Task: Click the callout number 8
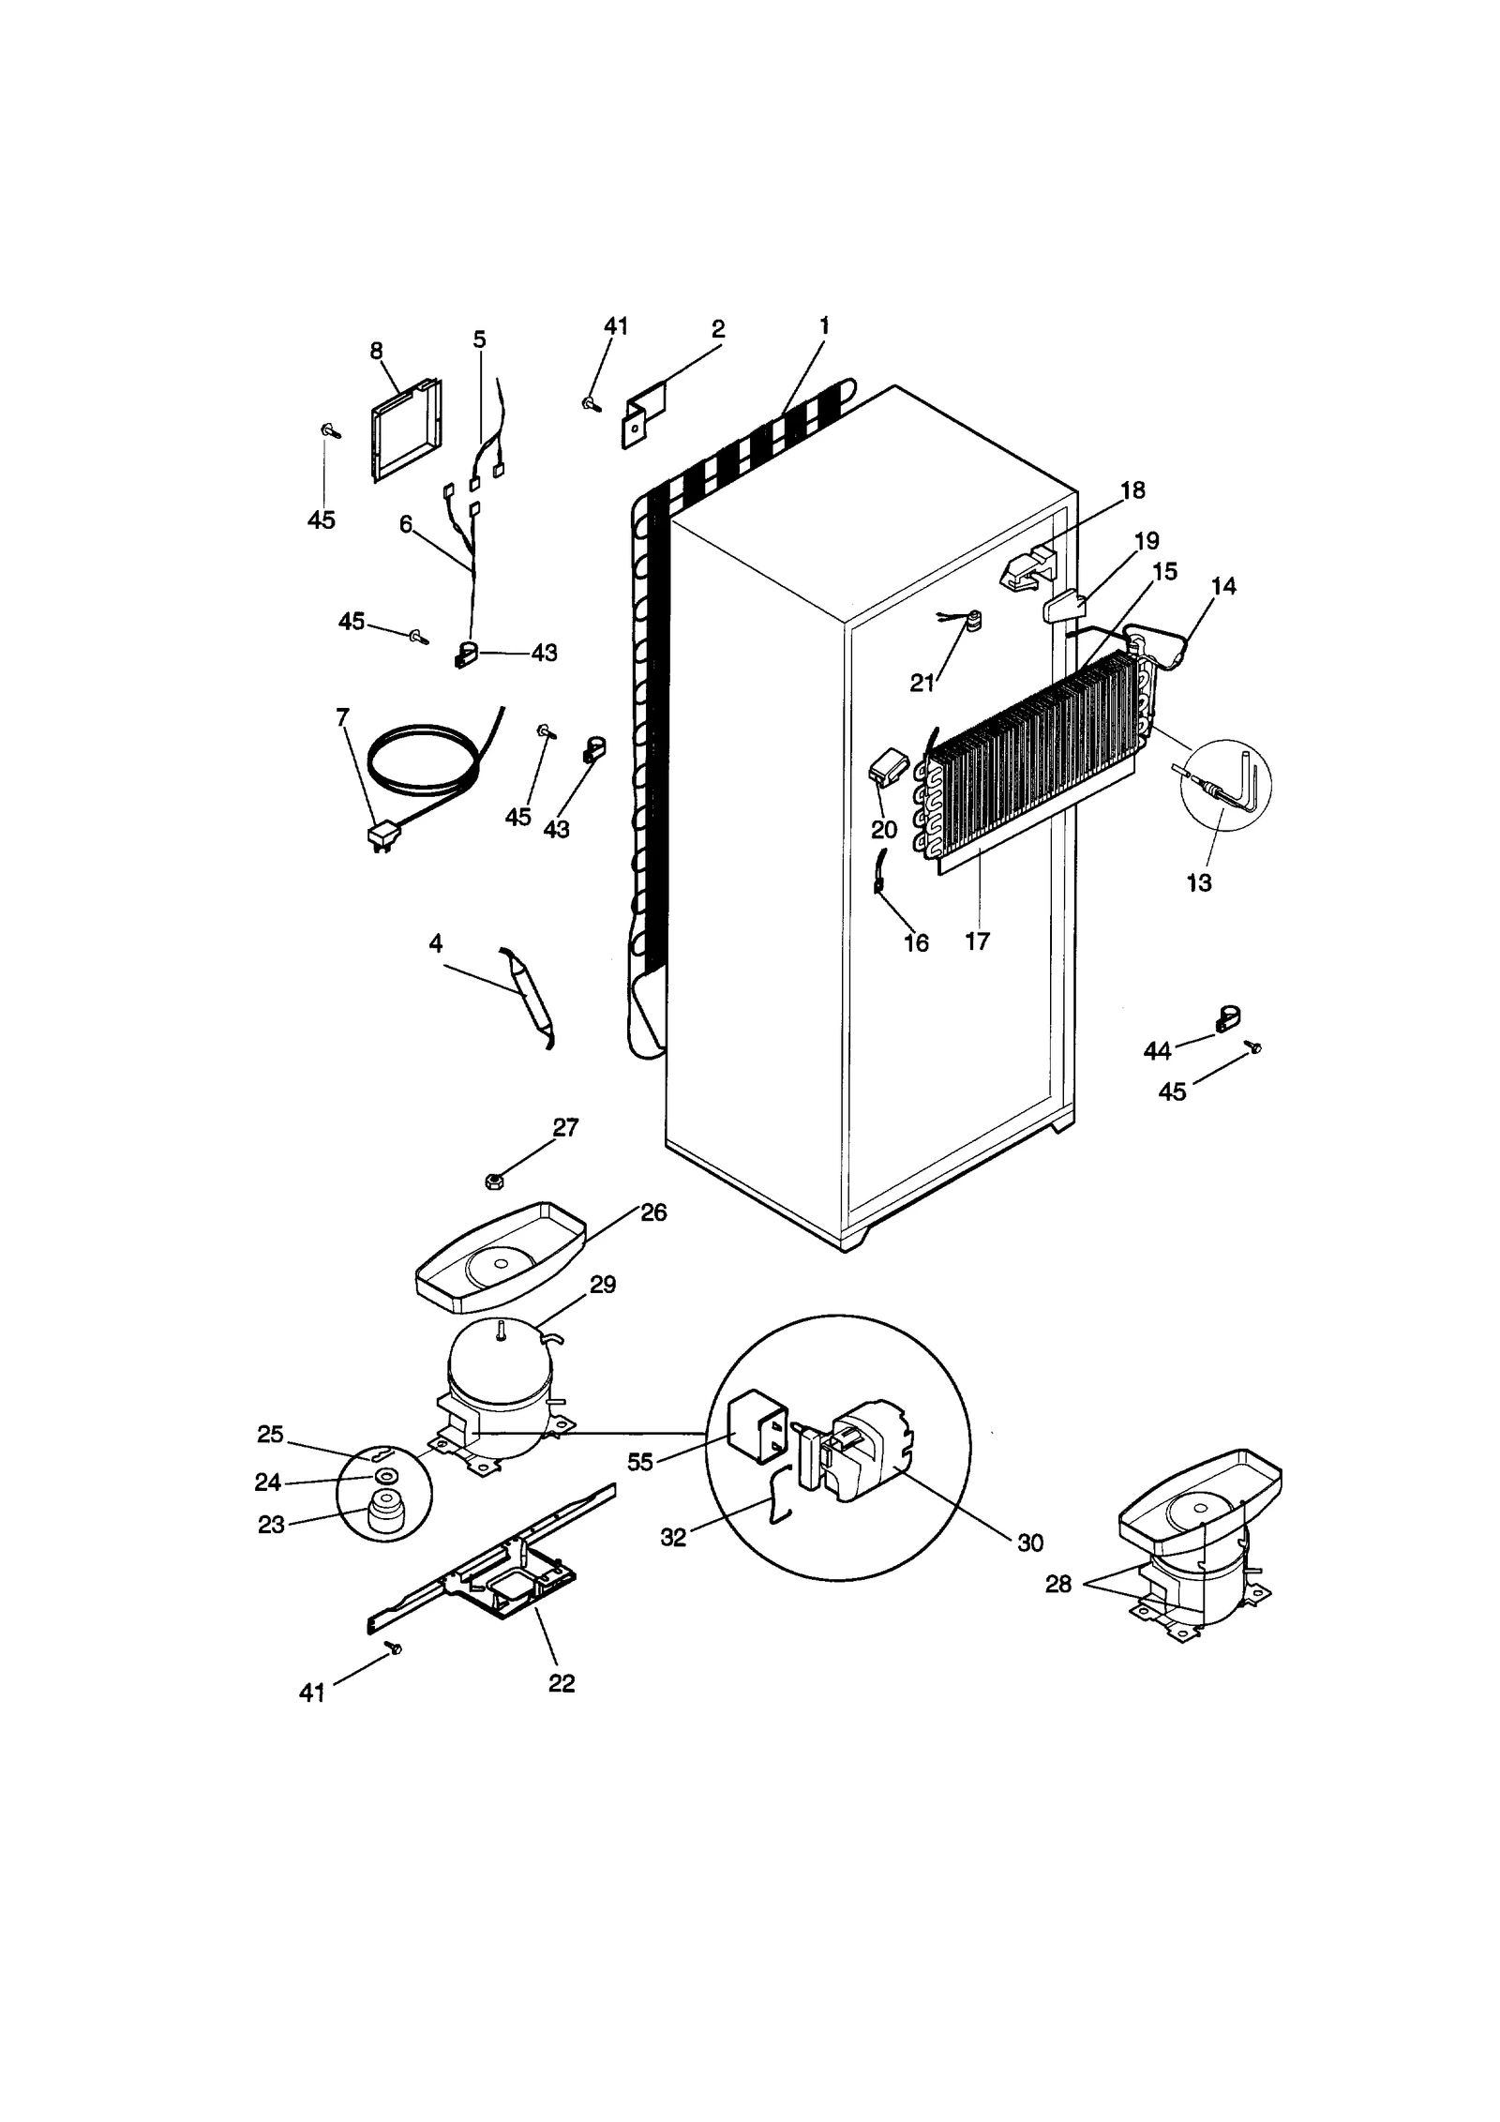pos(376,351)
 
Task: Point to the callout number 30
pos(1029,1543)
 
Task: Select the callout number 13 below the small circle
pos(1199,883)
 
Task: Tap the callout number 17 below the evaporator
pos(977,941)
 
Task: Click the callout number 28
pos(1058,1585)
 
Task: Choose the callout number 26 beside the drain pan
pos(652,1212)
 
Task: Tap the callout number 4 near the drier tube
pos(436,943)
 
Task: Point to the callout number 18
pos(1132,490)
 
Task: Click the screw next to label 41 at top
pos(591,404)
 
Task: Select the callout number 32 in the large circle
pos(673,1537)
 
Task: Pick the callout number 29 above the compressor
pos(602,1285)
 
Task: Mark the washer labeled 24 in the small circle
pos(384,1478)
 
